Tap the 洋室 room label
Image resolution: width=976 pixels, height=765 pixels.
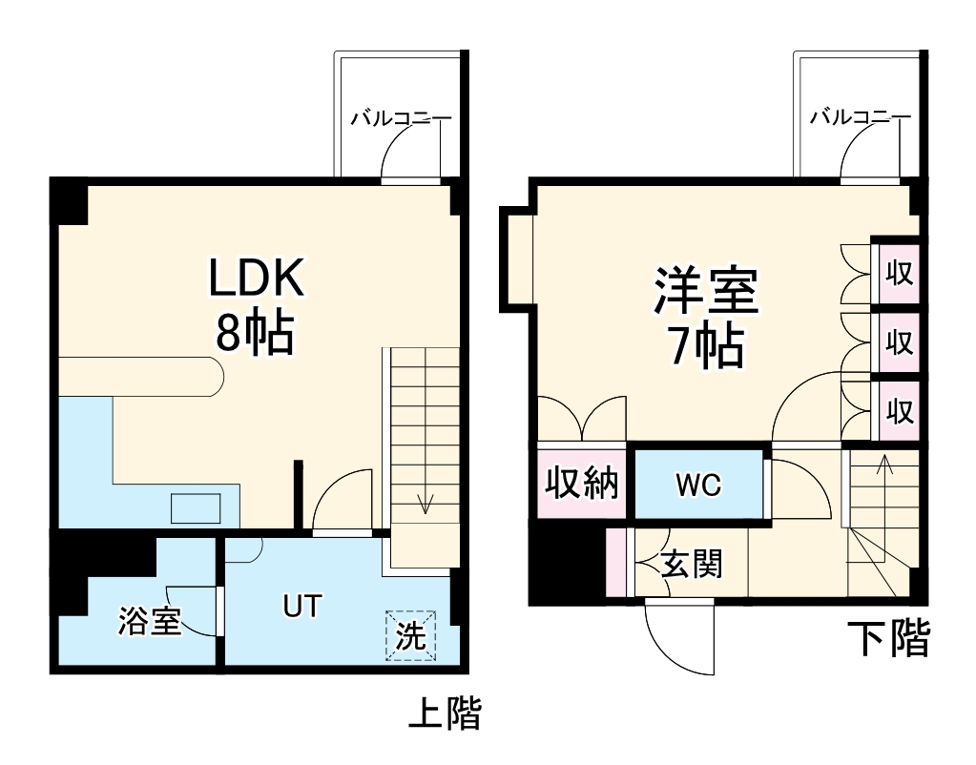point(705,292)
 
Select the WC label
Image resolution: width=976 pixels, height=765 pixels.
point(698,486)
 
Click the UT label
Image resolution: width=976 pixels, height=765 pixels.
point(301,605)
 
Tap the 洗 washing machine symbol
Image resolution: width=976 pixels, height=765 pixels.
point(410,636)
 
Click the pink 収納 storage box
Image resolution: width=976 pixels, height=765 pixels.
point(581,484)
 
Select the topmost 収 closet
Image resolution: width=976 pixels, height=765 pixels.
point(898,274)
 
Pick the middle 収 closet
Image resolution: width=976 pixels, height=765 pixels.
point(898,341)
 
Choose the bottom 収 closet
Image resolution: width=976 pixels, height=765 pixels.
point(898,411)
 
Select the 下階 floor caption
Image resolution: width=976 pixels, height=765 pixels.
point(889,639)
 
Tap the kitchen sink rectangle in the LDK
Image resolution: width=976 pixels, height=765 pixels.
point(197,507)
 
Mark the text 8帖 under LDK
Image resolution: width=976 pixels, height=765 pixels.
point(254,335)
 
